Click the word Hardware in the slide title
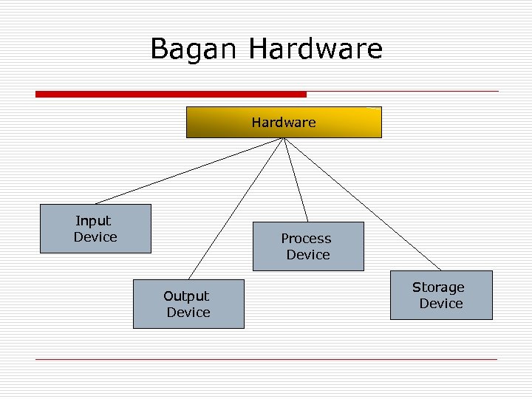pos(316,49)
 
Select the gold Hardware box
pos(284,123)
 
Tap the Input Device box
pos(95,229)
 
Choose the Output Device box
pos(188,304)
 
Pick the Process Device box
pos(308,246)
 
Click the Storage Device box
pos(440,295)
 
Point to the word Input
pos(93,221)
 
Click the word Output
pos(186,296)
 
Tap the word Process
pos(306,239)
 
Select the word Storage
pos(438,287)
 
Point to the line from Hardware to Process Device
pos(296,180)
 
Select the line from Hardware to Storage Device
pos(362,204)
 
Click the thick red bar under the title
pos(171,95)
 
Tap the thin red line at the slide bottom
pos(266,359)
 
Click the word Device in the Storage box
pos(441,304)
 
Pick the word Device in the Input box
pos(95,237)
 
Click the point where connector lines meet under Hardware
pos(284,140)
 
